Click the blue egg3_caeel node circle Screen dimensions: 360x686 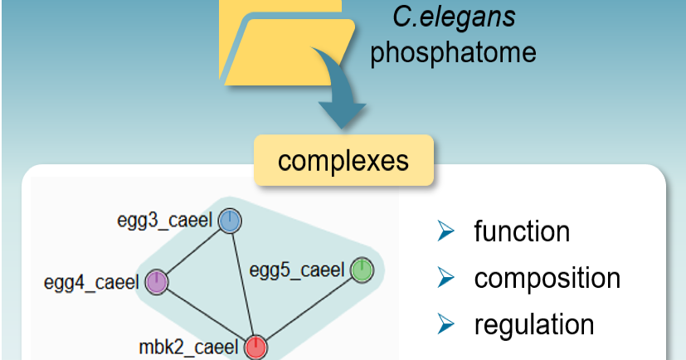pyautogui.click(x=230, y=221)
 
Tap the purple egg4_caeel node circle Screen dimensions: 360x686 pyautogui.click(x=157, y=282)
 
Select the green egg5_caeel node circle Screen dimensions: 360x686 pyautogui.click(x=362, y=270)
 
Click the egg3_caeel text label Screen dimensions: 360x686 pyautogui.click(x=165, y=221)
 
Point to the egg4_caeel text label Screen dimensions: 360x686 pyautogui.click(x=91, y=283)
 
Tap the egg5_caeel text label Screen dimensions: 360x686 pyautogui.click(x=296, y=270)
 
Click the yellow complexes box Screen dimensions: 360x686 pyautogui.click(x=343, y=159)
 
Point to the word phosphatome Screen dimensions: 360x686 pyautogui.click(x=453, y=52)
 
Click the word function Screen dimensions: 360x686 pyautogui.click(x=522, y=231)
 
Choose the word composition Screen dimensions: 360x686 pyautogui.click(x=547, y=278)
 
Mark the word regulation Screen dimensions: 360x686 pyautogui.click(x=534, y=324)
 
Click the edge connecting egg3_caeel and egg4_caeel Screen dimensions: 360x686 pyautogui.click(x=193, y=251)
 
